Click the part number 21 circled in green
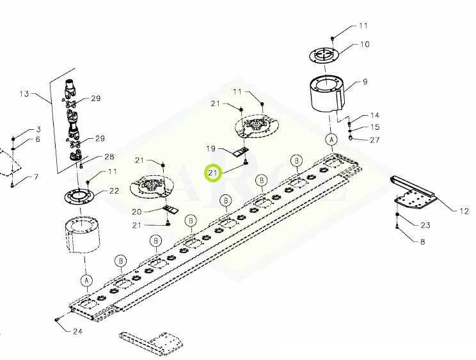coord(213,173)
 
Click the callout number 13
coord(24,94)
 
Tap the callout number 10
coord(365,45)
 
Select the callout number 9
coord(365,82)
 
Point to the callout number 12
coord(464,211)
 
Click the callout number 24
coord(77,331)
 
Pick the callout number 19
coord(210,148)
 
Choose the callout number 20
coord(137,212)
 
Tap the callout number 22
coord(114,191)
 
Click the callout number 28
coord(109,157)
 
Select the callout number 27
coord(375,140)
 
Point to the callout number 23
coord(425,225)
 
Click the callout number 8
coord(422,242)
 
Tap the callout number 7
coord(36,176)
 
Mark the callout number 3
coord(38,130)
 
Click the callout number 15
coord(375,127)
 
